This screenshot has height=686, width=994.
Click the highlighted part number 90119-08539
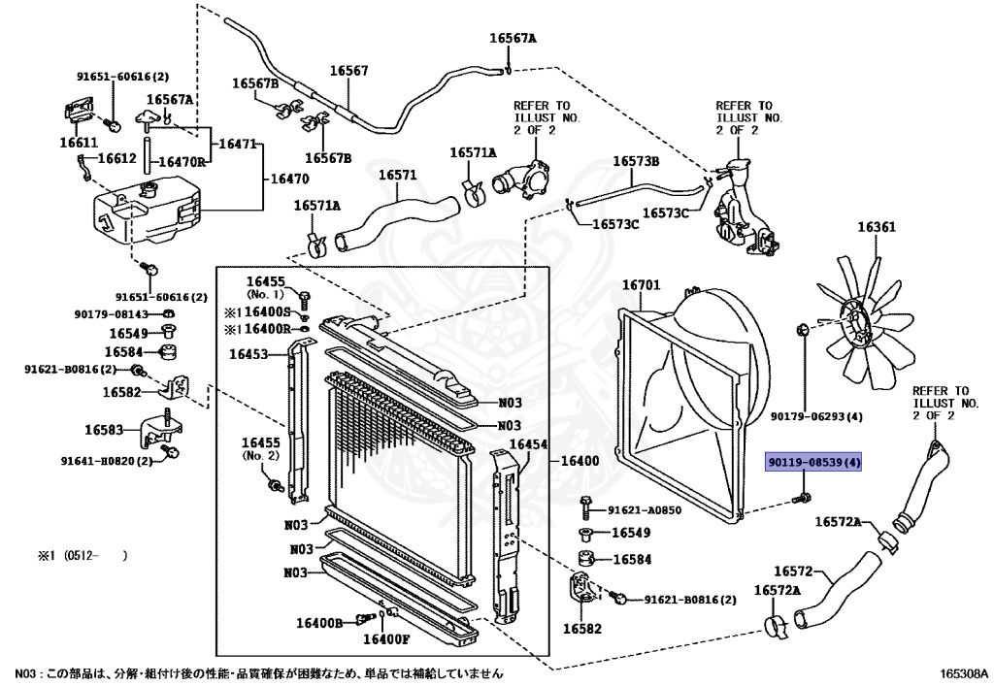813,463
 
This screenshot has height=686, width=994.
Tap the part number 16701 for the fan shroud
641,285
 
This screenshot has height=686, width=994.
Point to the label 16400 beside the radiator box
580,459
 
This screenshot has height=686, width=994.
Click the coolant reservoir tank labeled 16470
146,213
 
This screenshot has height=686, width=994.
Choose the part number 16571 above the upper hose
397,176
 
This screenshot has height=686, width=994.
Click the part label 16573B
636,161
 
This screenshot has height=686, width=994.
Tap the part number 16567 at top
348,71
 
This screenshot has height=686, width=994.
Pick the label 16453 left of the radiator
248,354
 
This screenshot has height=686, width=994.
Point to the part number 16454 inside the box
530,443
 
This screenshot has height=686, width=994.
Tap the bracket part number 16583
104,429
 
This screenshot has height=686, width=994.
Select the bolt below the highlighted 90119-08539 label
803,498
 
